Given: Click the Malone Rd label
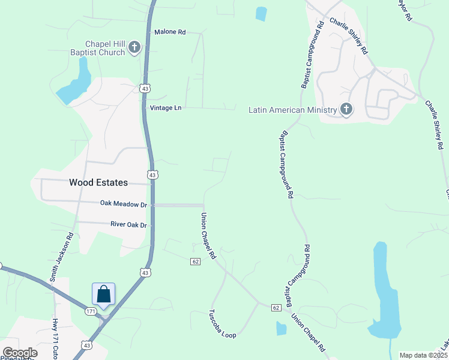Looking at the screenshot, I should (170, 32).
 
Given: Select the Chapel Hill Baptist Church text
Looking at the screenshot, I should (105, 48).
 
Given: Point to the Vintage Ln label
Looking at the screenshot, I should (165, 107).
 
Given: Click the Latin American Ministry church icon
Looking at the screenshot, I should (346, 109).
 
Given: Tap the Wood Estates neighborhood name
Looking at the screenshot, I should (98, 182).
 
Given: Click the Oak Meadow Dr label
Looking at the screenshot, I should (123, 205).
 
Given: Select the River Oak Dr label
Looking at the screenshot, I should (128, 224).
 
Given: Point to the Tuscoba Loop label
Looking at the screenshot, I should (221, 323).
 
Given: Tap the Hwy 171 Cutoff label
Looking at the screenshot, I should (57, 333).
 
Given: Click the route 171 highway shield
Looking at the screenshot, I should (90, 311).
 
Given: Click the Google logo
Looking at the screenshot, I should (20, 353).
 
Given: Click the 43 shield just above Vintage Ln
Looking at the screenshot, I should (143, 88).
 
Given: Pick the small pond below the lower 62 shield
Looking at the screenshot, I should (281, 328).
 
